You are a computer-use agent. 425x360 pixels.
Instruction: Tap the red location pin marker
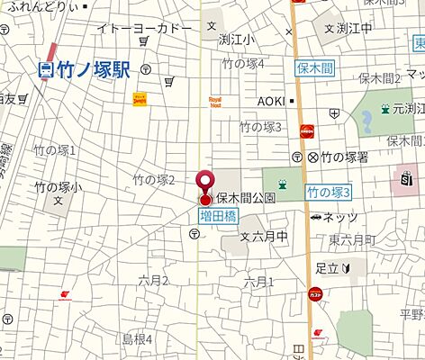pyautogui.click(x=205, y=184)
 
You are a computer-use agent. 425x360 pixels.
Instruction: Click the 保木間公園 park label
pyautogui.click(x=244, y=198)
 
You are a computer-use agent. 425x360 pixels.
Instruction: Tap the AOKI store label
pyautogui.click(x=271, y=101)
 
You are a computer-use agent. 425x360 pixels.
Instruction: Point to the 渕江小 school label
pyautogui.click(x=237, y=40)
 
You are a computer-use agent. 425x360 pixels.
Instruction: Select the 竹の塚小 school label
pyautogui.click(x=59, y=187)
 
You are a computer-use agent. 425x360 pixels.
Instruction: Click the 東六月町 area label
pyautogui.click(x=352, y=238)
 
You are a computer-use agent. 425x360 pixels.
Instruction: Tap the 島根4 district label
pyautogui.click(x=138, y=338)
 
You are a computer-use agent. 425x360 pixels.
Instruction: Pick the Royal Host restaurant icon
pyautogui.click(x=215, y=101)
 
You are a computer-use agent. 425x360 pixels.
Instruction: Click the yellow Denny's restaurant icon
pyautogui.click(x=140, y=98)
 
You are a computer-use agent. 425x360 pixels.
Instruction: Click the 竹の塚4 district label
pyautogui.click(x=244, y=64)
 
